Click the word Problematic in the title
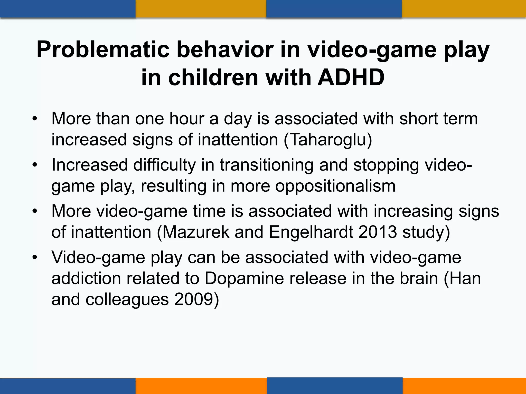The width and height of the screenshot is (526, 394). point(103,50)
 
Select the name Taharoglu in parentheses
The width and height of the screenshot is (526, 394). point(328,140)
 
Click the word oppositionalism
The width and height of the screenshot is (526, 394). point(335,186)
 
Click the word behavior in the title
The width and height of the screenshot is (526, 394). point(225,50)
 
